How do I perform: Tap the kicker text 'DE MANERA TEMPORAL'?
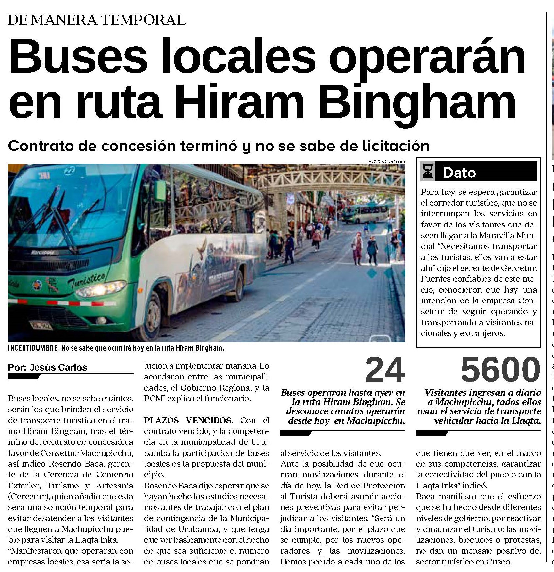(97, 20)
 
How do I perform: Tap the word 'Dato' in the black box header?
(459, 173)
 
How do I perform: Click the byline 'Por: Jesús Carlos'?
(48, 367)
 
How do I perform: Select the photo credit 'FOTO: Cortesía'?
(386, 161)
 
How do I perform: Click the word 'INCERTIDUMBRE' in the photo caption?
(33, 348)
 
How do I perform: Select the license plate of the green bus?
(41, 325)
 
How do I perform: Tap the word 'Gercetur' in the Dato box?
(520, 268)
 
